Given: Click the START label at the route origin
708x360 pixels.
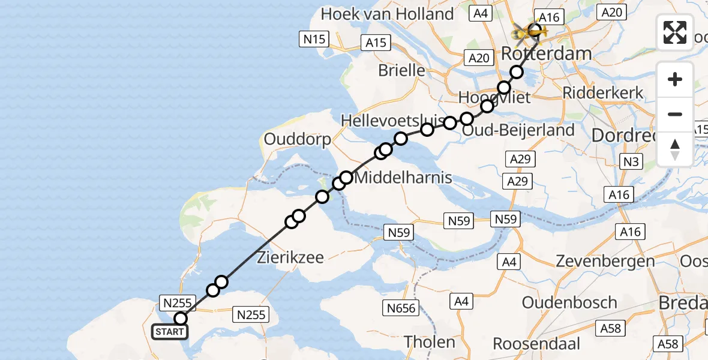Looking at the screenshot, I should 170,332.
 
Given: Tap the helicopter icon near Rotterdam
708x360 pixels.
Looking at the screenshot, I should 526,30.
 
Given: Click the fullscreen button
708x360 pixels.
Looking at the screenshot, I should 675,32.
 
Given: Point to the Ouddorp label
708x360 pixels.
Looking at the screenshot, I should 298,140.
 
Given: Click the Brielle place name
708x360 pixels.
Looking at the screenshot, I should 401,70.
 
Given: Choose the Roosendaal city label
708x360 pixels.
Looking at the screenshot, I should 536,344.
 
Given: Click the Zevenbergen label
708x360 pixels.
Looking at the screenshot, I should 605,262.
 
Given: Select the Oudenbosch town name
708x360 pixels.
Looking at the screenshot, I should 569,302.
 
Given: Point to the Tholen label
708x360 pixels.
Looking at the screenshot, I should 429,342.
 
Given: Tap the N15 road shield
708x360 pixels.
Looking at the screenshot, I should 314,40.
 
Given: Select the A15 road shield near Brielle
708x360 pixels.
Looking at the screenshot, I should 376,43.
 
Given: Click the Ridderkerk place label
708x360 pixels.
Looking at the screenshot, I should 603,93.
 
